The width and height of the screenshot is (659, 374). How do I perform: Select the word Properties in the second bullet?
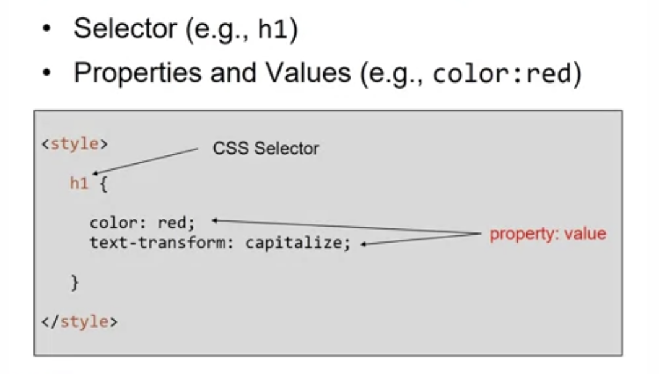pos(139,73)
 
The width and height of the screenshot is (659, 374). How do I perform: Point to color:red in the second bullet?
pos(500,74)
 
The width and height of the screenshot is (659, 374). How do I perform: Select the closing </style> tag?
pos(79,322)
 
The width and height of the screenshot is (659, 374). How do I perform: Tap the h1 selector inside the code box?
pos(79,184)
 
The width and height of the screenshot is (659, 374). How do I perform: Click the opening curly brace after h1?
pos(103,185)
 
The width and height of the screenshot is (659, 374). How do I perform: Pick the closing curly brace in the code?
pos(75,283)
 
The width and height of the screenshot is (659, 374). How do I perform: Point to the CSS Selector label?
pos(266,149)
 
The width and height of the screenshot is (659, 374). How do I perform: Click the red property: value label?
pos(548,234)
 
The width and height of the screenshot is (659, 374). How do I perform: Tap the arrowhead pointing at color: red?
pos(214,220)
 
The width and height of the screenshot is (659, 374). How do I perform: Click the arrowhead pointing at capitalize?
pos(365,245)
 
